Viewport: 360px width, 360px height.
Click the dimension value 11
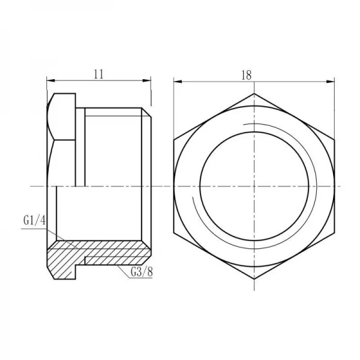(x=99, y=74)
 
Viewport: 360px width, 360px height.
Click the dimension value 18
(x=245, y=74)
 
